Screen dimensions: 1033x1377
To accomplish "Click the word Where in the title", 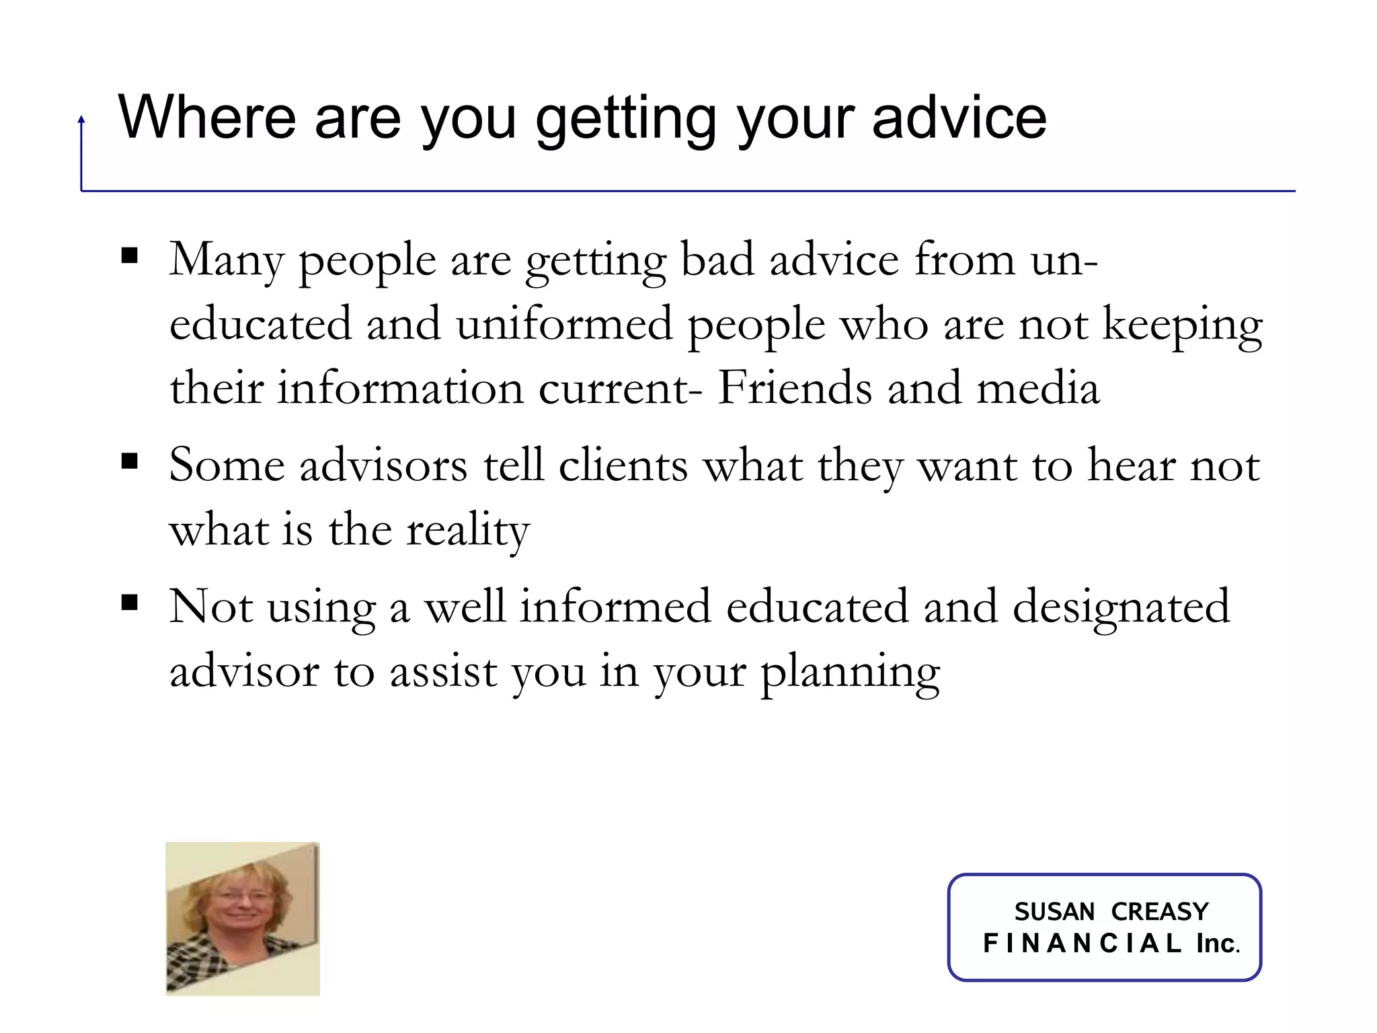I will tap(206, 118).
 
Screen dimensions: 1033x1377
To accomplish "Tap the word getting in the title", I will tap(625, 121).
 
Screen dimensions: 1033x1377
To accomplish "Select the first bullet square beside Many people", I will tap(129, 256).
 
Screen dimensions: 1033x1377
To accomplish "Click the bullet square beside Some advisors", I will tap(129, 461).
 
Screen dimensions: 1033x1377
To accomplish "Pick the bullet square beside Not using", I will tap(129, 602).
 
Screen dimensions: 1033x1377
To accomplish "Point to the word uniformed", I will tap(564, 324).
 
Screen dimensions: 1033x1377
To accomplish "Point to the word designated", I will tap(1121, 607).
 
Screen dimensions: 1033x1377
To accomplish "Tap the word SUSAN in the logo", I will tap(1054, 912).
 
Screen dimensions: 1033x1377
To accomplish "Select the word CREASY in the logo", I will tap(1160, 912).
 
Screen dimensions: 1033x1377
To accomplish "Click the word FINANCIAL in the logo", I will tap(1082, 944).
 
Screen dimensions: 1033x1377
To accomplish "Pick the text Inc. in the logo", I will tap(1217, 944).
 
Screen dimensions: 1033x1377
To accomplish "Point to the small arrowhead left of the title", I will tap(81, 120).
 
